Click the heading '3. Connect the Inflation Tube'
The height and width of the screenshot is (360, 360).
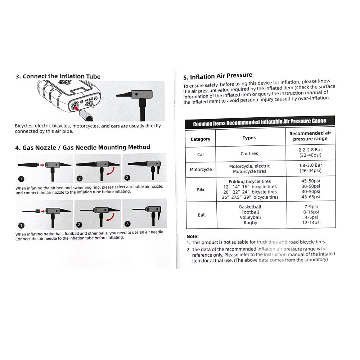58,76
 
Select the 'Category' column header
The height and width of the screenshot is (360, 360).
201,139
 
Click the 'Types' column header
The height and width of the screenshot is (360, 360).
249,138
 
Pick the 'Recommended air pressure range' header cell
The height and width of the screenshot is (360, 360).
310,136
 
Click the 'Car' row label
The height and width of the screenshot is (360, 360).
201,154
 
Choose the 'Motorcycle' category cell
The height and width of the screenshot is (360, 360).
201,169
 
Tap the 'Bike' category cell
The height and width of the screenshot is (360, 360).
201,190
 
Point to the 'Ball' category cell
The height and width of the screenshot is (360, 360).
202,215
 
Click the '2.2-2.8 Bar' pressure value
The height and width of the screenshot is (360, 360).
310,150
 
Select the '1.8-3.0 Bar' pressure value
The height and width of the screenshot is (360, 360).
310,165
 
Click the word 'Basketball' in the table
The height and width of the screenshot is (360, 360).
250,207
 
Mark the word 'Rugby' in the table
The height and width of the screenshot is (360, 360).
250,223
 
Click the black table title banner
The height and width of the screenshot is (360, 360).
260,122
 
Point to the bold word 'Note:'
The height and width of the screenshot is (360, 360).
193,236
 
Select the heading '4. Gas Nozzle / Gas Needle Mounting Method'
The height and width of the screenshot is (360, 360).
82,147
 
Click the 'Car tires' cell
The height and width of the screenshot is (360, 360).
249,154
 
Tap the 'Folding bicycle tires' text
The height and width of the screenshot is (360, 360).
250,181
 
